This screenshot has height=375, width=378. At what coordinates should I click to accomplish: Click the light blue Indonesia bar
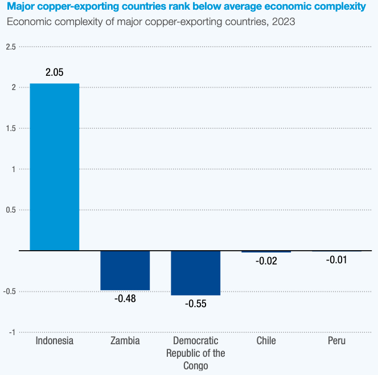click(x=54, y=167)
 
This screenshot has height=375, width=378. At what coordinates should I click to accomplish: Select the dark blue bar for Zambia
click(x=125, y=271)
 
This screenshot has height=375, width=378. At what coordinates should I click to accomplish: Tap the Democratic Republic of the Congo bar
click(x=195, y=273)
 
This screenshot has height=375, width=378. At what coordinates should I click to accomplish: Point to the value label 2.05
click(x=55, y=72)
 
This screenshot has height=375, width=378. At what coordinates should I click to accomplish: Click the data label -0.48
click(x=125, y=299)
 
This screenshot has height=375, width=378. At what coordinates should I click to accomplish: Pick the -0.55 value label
click(x=195, y=304)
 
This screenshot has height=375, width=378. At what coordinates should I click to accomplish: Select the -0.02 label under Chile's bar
click(x=266, y=261)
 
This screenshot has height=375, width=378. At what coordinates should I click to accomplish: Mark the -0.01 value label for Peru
click(x=336, y=260)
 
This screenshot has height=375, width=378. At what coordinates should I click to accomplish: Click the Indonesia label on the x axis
click(x=55, y=341)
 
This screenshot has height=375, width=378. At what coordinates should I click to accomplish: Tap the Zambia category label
click(x=125, y=341)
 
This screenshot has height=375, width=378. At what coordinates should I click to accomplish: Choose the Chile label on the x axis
click(x=266, y=341)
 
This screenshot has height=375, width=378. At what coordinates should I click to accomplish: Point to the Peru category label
click(x=336, y=341)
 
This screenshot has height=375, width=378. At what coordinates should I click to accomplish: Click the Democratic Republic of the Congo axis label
click(x=195, y=353)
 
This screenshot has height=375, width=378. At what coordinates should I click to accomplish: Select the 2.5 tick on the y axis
click(x=11, y=46)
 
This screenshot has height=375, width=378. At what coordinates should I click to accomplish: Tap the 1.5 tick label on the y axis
click(x=11, y=128)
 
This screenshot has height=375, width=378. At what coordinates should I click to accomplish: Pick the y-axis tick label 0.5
click(x=11, y=210)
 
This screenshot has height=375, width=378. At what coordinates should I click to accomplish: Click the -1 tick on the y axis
click(x=12, y=332)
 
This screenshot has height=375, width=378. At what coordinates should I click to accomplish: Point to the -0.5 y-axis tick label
click(x=10, y=291)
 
